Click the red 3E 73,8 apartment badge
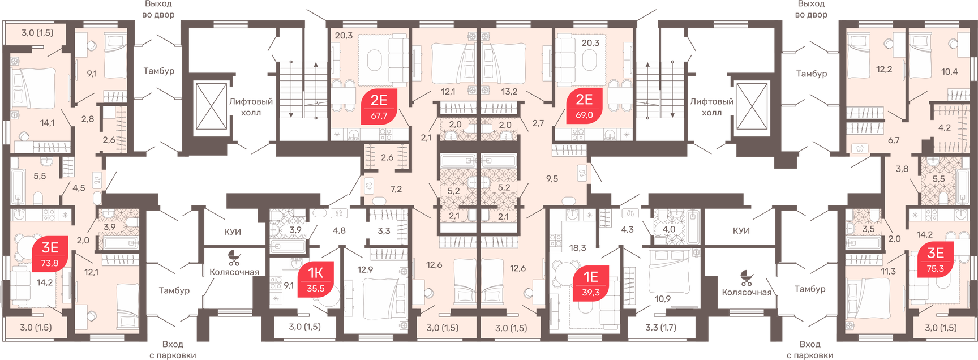[x=50, y=254]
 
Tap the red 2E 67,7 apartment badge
[x=379, y=106]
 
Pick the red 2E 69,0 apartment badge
[x=584, y=105]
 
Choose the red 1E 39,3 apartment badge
[x=591, y=283]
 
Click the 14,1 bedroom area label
[x=48, y=122]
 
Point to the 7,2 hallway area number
[x=396, y=189]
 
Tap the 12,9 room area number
[x=365, y=269]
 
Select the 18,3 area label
[x=578, y=248]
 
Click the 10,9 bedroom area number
[x=663, y=299]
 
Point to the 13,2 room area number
[x=509, y=91]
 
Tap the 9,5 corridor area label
[x=552, y=178]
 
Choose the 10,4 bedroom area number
[x=950, y=72]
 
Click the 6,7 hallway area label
[x=894, y=140]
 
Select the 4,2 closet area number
[x=945, y=127]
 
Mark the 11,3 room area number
[x=888, y=271]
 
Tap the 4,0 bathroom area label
[x=669, y=229]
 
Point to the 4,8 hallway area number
[x=339, y=230]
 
